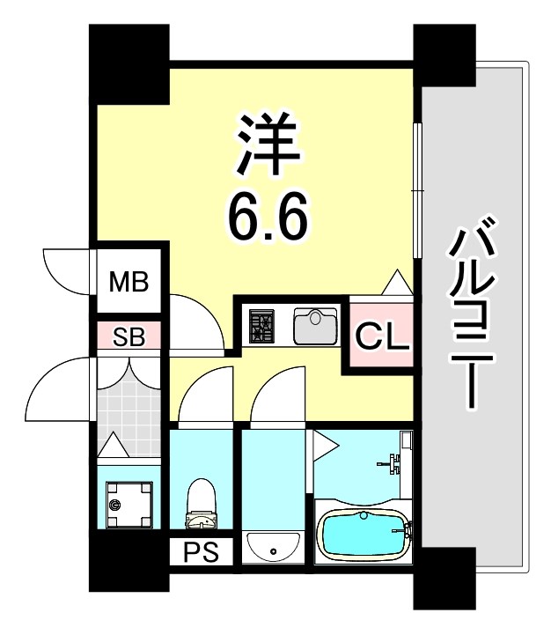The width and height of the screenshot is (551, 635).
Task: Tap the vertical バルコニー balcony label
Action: click(x=472, y=317)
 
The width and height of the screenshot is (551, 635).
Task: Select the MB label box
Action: click(x=129, y=283)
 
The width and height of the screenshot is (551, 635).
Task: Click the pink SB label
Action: click(x=129, y=336)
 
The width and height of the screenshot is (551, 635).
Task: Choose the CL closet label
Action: click(x=382, y=336)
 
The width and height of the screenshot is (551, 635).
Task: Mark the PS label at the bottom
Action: click(x=201, y=554)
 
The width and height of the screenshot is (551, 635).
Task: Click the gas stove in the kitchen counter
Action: click(x=261, y=327)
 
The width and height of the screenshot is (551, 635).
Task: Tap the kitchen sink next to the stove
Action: click(x=313, y=327)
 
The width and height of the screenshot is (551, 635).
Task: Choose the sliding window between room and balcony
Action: click(x=416, y=189)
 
